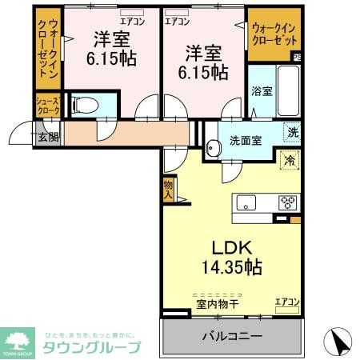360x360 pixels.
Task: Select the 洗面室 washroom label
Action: (246, 141)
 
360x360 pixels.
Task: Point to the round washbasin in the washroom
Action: (213, 148)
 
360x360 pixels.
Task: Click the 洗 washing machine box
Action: (293, 133)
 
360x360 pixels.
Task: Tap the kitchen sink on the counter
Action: (244, 202)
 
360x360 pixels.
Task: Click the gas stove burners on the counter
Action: (287, 202)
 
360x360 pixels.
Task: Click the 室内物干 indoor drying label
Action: (218, 302)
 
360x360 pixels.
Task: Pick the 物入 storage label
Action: (168, 189)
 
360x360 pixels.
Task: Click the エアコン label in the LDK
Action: (286, 302)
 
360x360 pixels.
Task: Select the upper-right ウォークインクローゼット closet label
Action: (273, 33)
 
